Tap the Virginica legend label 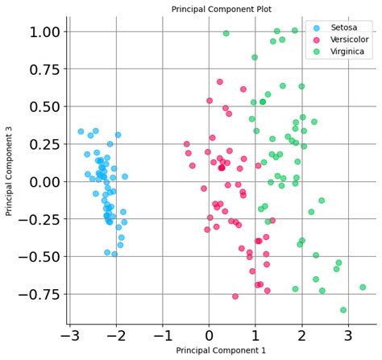(x=347, y=52)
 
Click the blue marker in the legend (x=315, y=27)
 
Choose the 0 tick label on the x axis (x=210, y=333)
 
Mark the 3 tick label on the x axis (x=349, y=333)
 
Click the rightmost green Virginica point (x=363, y=287)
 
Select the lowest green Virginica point (x=343, y=309)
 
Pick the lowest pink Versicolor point (x=235, y=296)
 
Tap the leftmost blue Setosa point (x=81, y=131)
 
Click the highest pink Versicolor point (x=219, y=81)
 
